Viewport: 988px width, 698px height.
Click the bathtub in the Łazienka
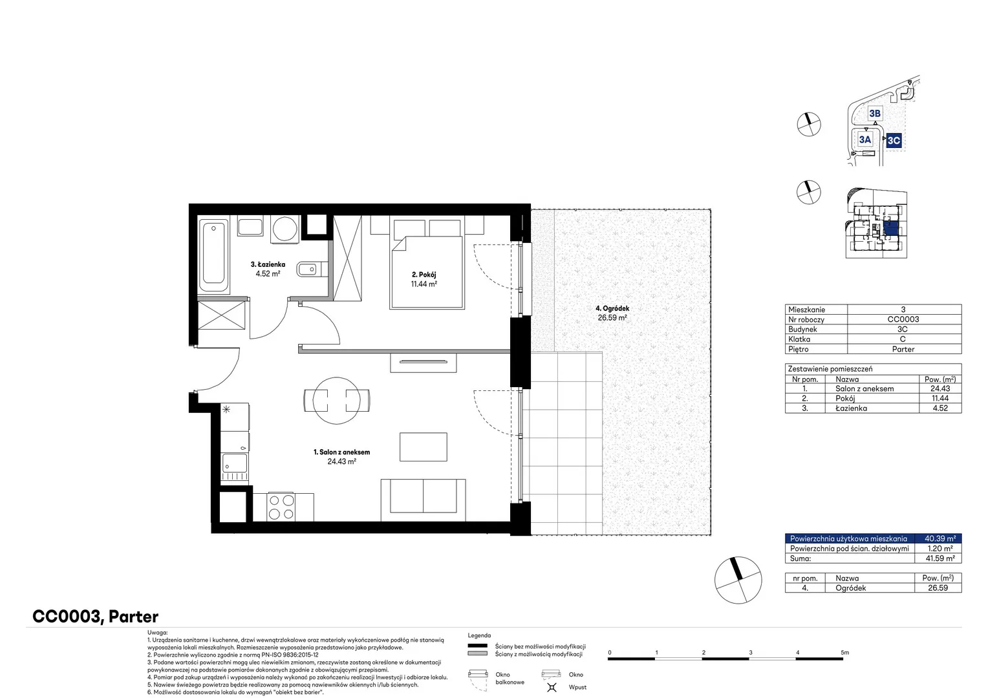click(x=213, y=257)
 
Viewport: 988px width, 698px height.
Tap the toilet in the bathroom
click(x=312, y=269)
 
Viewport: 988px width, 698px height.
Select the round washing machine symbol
click(x=285, y=229)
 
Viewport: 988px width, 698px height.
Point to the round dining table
click(x=336, y=400)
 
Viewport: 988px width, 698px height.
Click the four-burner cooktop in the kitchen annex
click(x=282, y=507)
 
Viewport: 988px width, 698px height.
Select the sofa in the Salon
click(x=423, y=500)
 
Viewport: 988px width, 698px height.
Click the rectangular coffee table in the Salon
click(x=424, y=447)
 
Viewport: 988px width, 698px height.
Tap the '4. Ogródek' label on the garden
click(x=612, y=309)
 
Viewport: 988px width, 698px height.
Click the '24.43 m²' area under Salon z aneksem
click(x=342, y=461)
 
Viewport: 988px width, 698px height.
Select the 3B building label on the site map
click(x=875, y=114)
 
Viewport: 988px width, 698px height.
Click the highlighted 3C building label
click(x=894, y=141)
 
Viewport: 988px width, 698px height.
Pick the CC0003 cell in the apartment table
click(x=903, y=319)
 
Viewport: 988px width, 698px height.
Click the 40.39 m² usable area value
click(x=940, y=538)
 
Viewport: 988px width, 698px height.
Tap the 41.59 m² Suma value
click(x=940, y=558)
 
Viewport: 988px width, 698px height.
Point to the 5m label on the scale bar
click(x=844, y=652)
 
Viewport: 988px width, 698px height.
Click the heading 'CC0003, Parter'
click(x=95, y=617)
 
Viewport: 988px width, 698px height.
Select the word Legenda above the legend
click(x=479, y=635)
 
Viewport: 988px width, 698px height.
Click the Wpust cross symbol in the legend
click(x=552, y=687)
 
